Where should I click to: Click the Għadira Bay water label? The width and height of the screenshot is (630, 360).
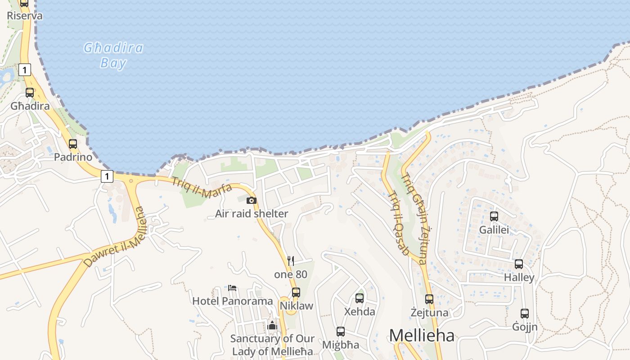(113, 55)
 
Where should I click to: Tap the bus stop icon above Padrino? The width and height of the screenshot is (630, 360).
(72, 144)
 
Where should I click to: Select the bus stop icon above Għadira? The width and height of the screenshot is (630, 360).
(30, 93)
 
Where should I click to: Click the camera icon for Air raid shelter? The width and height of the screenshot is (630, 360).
(252, 200)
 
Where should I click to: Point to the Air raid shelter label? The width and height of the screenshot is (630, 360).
(252, 213)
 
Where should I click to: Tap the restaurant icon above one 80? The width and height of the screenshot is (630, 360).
(291, 261)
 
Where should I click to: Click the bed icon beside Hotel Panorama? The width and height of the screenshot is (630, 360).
(232, 288)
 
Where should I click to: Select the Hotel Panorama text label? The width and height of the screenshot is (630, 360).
(233, 301)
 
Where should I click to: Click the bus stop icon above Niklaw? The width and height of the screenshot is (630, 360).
(296, 292)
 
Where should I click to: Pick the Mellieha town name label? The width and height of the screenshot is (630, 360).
(422, 335)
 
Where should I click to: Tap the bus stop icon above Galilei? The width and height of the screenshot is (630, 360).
(494, 216)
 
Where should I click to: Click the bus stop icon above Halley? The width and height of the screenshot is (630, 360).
(519, 264)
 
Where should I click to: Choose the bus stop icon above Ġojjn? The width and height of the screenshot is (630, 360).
(525, 314)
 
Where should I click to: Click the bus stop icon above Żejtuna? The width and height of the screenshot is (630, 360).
(429, 299)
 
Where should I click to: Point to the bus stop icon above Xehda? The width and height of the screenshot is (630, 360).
(359, 298)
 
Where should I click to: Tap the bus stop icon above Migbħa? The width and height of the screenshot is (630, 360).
(341, 332)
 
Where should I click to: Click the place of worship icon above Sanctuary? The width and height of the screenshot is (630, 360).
(272, 325)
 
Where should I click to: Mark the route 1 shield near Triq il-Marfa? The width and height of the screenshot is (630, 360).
(107, 176)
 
